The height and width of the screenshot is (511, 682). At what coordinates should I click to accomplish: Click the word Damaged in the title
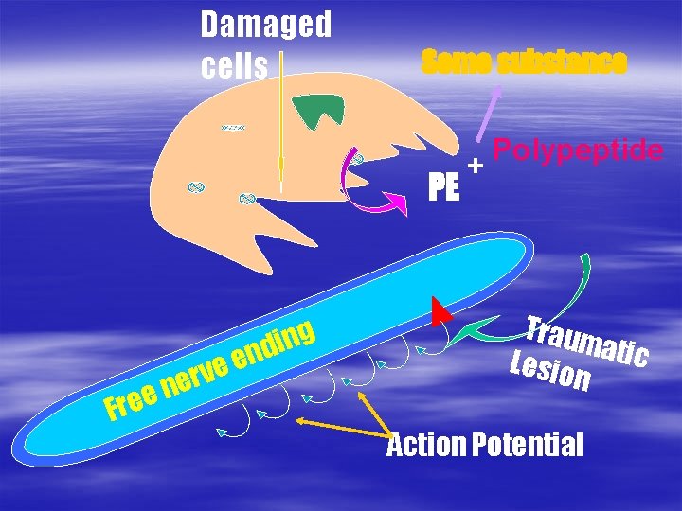[x=266, y=26]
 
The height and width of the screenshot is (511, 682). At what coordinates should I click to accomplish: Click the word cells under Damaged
[x=235, y=65]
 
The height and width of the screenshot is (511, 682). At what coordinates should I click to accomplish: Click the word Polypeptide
[x=578, y=150]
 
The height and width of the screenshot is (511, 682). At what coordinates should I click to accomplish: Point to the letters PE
[x=443, y=187]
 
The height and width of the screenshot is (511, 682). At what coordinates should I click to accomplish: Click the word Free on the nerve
[x=131, y=403]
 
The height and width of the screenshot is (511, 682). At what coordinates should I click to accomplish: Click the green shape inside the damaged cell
[x=317, y=111]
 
